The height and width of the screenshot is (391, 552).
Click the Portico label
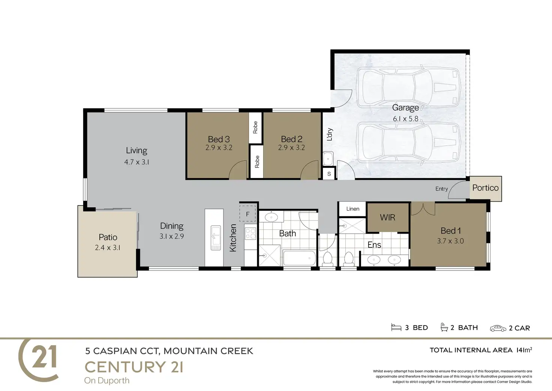click(x=485, y=188)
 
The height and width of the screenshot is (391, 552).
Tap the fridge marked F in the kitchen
click(x=247, y=214)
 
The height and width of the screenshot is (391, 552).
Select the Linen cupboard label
click(x=352, y=209)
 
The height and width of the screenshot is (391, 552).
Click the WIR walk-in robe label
click(x=387, y=217)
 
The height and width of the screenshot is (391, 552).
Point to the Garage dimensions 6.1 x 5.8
click(x=405, y=119)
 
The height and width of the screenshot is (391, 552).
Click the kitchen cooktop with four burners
click(x=250, y=234)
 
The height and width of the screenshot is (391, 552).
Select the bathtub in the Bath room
click(x=299, y=258)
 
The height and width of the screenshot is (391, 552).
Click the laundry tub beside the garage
click(x=328, y=159)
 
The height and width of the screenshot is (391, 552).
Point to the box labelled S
click(x=329, y=174)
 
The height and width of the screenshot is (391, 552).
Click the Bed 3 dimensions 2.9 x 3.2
click(x=219, y=148)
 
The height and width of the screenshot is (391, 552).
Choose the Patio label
click(x=108, y=237)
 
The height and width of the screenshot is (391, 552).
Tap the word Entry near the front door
click(x=441, y=189)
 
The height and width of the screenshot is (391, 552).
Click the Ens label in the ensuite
click(x=374, y=245)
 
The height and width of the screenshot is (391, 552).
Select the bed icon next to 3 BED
click(x=396, y=327)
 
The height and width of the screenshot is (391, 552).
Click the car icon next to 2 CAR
click(x=498, y=328)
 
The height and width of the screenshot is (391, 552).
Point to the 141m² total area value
click(x=524, y=350)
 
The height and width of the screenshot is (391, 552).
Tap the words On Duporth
click(x=107, y=380)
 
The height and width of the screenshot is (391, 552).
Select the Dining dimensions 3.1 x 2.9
click(x=171, y=236)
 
